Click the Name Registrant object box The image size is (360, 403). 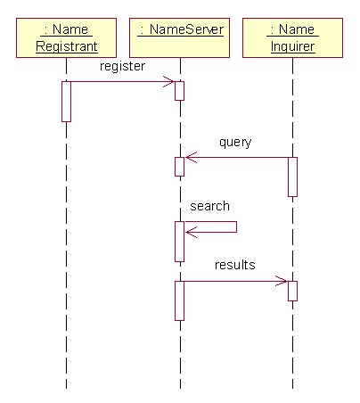[x=66, y=37]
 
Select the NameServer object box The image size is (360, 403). [x=179, y=37]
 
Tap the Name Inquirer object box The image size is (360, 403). [x=292, y=37]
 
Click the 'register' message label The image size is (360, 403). [x=122, y=66]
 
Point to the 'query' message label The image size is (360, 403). [x=235, y=143]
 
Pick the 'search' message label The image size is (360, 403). [x=209, y=206]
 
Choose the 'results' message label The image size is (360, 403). [x=235, y=265]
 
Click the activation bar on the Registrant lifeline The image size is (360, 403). [x=66, y=102]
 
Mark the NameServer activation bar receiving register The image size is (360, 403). [x=179, y=91]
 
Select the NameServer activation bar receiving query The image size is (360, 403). [x=179, y=167]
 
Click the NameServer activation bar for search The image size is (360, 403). [x=179, y=242]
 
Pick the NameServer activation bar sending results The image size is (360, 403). [x=179, y=300]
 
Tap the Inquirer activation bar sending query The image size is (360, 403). [x=292, y=177]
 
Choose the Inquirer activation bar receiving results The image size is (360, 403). [x=292, y=291]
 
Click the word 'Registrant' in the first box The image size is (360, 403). [x=67, y=46]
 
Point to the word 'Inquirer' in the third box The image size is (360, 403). [x=293, y=46]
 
